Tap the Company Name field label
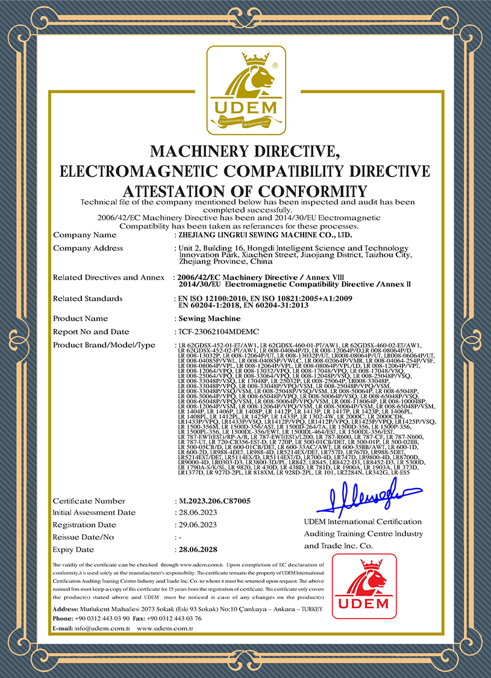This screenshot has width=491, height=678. [x=85, y=235]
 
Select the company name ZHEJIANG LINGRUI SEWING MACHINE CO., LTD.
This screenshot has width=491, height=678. [x=265, y=235]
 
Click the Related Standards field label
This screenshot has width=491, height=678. [x=88, y=298]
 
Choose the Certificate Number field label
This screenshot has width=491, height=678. [x=89, y=501]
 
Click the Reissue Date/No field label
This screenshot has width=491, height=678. [x=83, y=537]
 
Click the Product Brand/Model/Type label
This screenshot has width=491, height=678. [x=104, y=345]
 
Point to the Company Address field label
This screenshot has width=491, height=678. [x=88, y=248]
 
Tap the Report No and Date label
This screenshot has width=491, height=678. [x=91, y=331]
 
